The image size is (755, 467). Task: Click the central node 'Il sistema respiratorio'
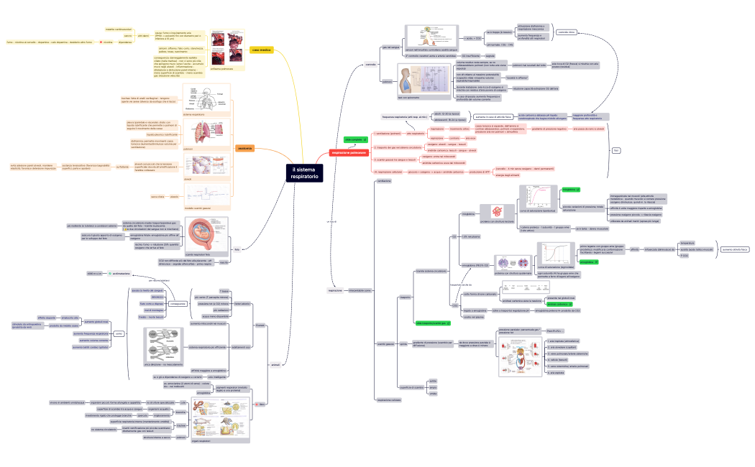[302, 172]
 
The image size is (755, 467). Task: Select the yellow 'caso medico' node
[262, 50]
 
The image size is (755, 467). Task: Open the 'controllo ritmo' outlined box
[566, 32]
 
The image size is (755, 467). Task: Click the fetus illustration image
[208, 235]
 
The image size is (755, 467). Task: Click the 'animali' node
[274, 366]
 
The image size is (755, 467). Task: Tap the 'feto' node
[237, 249]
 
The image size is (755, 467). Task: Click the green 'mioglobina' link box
[570, 190]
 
